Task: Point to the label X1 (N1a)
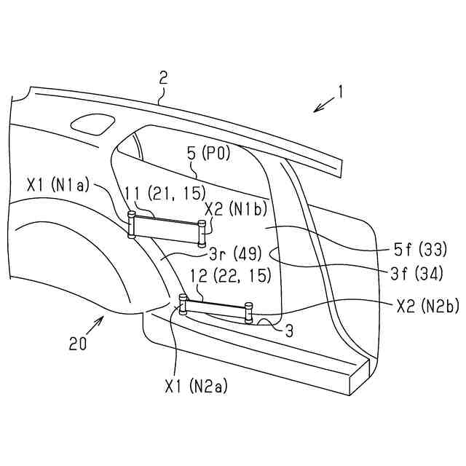click(x=59, y=185)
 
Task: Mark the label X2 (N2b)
click(x=427, y=307)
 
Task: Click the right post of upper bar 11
click(x=202, y=232)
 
